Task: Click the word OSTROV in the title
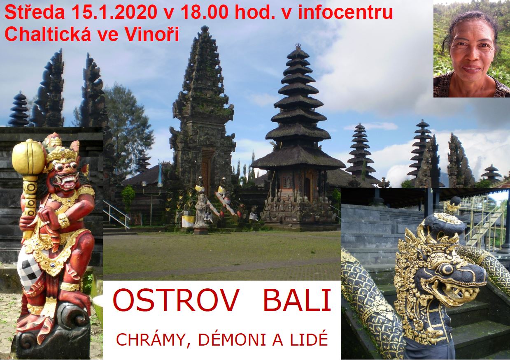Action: [175, 300]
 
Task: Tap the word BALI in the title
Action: [297, 300]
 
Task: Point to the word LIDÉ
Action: [309, 339]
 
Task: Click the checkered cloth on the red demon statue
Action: [30, 273]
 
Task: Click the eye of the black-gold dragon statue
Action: [447, 269]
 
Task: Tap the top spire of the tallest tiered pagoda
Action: [298, 46]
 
